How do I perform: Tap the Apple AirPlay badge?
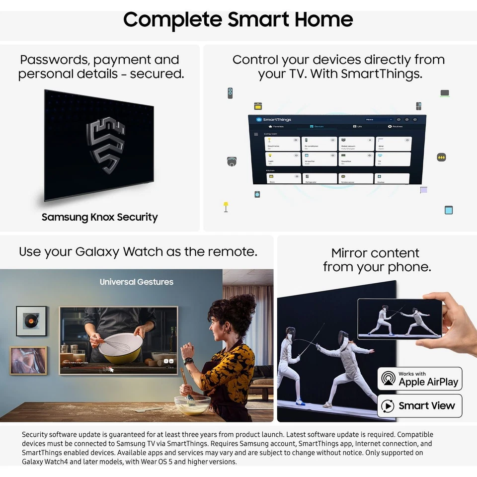point(419,379)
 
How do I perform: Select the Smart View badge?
point(419,405)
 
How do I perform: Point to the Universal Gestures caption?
point(136,282)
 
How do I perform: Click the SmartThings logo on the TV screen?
point(274,120)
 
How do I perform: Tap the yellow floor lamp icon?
point(226,206)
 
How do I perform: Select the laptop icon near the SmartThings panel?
point(445,93)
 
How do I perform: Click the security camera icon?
point(232,161)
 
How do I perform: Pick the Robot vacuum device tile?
point(356,144)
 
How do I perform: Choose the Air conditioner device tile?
point(319,144)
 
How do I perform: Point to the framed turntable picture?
point(31,321)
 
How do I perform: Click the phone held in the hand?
point(399,318)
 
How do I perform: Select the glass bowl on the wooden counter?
point(192,405)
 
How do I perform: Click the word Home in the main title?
point(323,20)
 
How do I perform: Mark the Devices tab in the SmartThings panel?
point(316,127)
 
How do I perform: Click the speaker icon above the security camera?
point(230,93)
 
